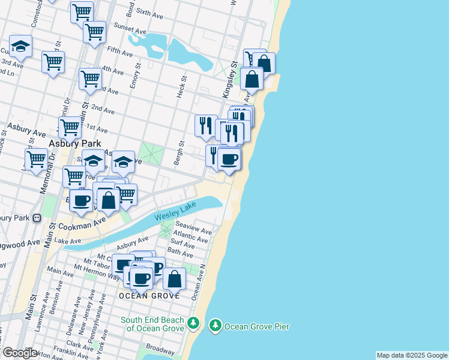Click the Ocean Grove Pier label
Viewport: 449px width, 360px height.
click(x=257, y=326)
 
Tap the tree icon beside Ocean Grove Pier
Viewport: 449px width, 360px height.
click(x=215, y=326)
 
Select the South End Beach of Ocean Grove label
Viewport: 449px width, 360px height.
click(x=154, y=324)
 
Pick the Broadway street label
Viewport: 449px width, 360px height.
click(x=160, y=349)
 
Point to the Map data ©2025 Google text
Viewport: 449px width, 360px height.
click(x=412, y=355)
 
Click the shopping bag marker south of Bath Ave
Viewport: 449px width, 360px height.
click(x=174, y=278)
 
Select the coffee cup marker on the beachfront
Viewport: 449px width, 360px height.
click(x=229, y=159)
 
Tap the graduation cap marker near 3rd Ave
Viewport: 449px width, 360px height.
click(x=20, y=47)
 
